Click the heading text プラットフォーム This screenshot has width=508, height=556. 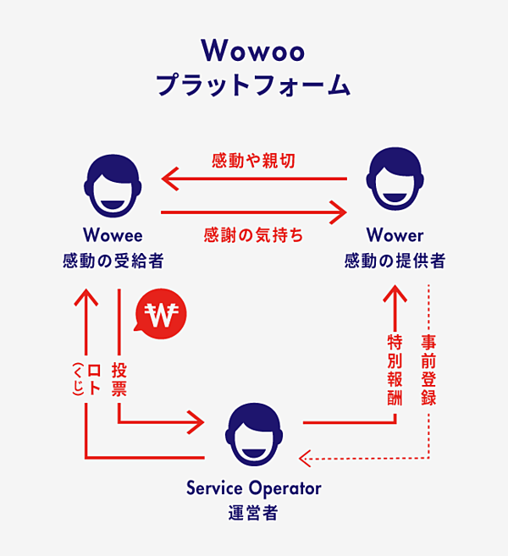tap(253, 85)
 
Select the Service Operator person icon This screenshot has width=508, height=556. tap(253, 433)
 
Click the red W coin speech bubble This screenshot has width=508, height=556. tap(160, 316)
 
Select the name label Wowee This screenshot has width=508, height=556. tap(113, 234)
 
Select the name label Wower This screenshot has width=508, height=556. tap(395, 234)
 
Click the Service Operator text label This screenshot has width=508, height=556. tap(253, 488)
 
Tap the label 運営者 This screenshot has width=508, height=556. tap(253, 513)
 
